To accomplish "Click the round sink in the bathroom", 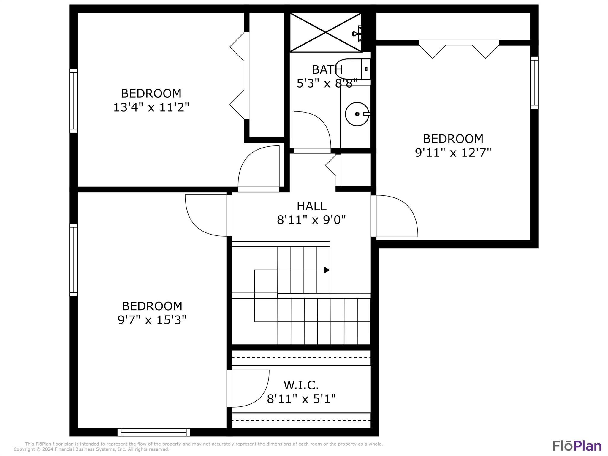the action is click(357, 114).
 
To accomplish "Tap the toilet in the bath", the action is click(353, 69).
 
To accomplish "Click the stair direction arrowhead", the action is click(327, 270).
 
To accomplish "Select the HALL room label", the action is click(311, 206).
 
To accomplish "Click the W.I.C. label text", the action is click(301, 385).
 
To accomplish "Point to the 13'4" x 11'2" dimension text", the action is click(151, 107).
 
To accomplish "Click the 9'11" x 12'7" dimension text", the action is click(453, 152).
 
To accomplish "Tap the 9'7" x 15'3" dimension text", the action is click(152, 320).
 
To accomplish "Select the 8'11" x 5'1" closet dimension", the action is click(301, 399).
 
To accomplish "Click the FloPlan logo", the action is click(577, 446).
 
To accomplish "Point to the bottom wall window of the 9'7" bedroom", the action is click(153, 432).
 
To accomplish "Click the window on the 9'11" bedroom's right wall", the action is click(534, 83).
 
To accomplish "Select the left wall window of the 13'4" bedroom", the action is click(74, 101).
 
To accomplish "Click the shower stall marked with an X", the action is click(326, 32).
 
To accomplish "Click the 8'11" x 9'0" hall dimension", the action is click(311, 220).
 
